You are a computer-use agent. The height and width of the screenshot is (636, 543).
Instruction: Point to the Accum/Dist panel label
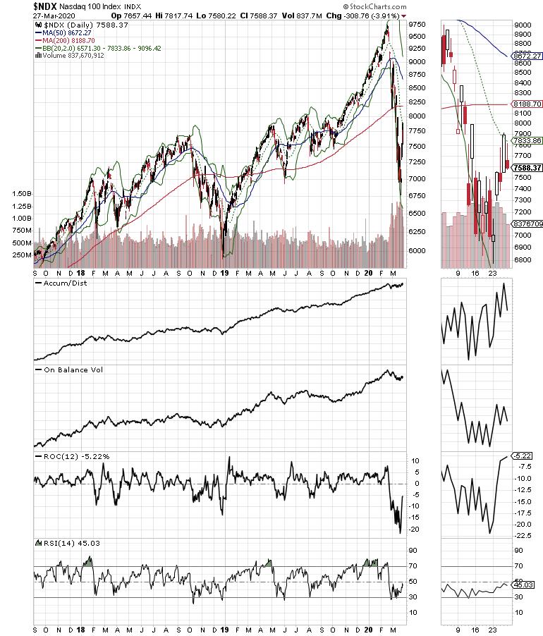point(59,283)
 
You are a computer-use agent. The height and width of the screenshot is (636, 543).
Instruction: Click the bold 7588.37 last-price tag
point(525,168)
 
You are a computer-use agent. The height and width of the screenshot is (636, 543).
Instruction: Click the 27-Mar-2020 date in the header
point(25,15)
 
